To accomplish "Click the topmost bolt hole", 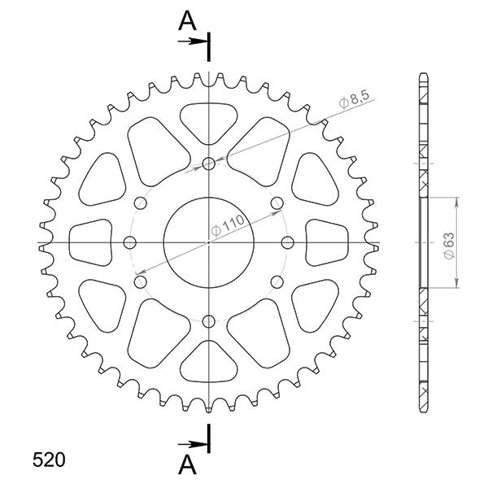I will pos(209,163).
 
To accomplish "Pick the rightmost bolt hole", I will pos(287,242).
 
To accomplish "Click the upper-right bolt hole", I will pos(277,202).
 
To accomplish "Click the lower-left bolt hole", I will pos(140,281).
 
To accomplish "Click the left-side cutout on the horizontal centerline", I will pos(89,242).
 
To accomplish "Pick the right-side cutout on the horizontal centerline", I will pos(329,242).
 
